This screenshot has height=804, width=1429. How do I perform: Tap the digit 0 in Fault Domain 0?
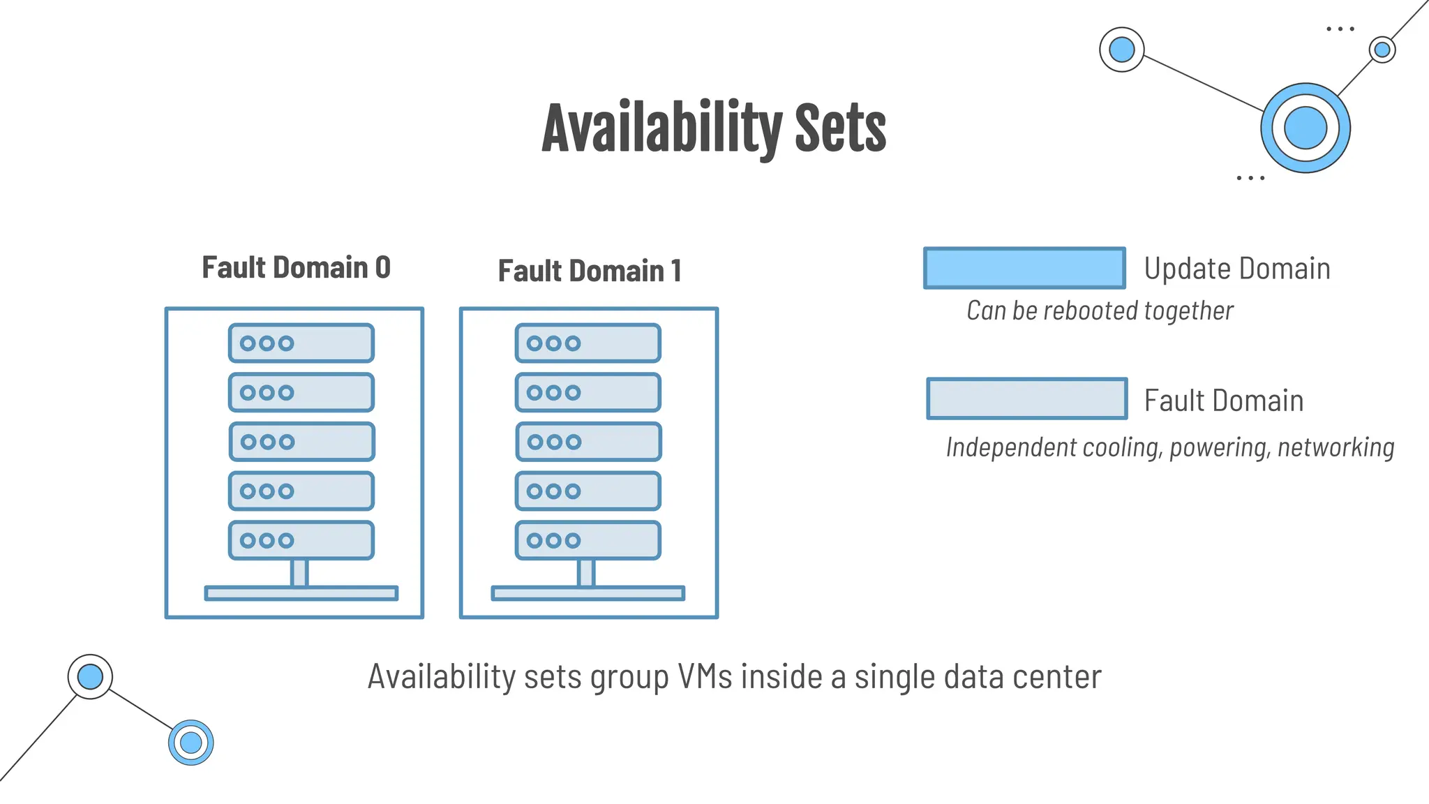pos(382,268)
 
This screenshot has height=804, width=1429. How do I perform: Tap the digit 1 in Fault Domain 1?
pos(675,271)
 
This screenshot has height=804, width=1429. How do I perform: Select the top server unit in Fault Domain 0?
pos(301,343)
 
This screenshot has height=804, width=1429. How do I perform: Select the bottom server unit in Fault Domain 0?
pos(301,540)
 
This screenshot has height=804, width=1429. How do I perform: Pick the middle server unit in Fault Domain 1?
pos(588,442)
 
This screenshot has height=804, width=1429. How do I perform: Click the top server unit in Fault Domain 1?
pos(588,343)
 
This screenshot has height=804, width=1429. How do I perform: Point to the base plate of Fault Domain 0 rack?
pos(301,593)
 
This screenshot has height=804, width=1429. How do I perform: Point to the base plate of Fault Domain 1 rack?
pos(588,593)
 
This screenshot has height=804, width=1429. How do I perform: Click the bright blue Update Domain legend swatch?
pos(1024,268)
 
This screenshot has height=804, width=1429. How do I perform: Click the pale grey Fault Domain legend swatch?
pos(1026,399)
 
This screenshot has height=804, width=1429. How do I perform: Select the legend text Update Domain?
pos(1236,269)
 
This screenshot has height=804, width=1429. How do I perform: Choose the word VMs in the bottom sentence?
pos(705,677)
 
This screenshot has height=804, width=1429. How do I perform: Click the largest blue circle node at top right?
pos(1305,128)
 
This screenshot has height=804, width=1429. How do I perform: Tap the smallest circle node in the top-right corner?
pos(1382,50)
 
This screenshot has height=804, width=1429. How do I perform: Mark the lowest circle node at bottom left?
pos(190,743)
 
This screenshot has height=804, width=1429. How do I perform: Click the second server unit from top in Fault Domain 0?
pos(301,392)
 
